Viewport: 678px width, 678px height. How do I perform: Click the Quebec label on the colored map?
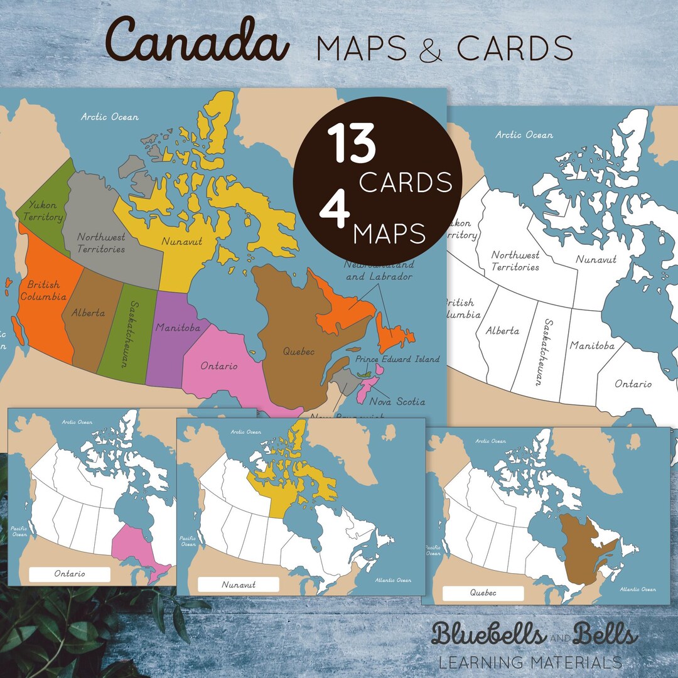click(x=298, y=352)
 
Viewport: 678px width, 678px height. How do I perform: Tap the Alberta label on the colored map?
click(x=88, y=312)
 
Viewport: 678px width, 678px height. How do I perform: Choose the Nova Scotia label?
click(x=397, y=401)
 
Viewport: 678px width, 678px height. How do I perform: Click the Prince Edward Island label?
click(x=397, y=359)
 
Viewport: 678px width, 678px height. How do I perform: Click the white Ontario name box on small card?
click(x=70, y=574)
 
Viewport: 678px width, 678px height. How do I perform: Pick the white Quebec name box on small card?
click(x=483, y=593)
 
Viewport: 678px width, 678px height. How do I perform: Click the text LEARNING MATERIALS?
click(x=530, y=662)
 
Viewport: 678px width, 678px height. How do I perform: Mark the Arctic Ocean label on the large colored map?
click(x=110, y=117)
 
